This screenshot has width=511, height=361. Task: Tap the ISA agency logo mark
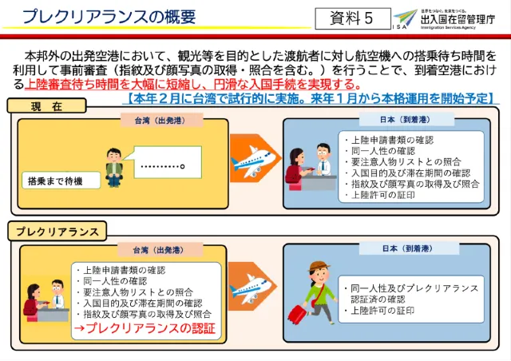(405, 18)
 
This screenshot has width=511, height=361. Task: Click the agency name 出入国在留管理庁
(454, 18)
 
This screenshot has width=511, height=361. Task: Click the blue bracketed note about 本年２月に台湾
(311, 99)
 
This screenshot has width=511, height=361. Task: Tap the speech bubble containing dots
(161, 168)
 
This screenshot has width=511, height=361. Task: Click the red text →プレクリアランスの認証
(144, 328)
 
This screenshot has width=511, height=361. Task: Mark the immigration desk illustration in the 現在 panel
(313, 168)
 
